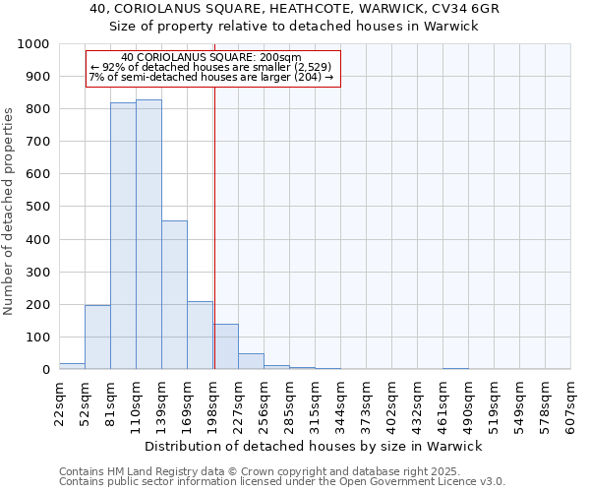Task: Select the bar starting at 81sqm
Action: pos(123,236)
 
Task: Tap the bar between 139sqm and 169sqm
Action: pos(174,295)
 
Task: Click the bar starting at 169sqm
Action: pos(200,336)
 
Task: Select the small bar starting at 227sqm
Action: pos(251,361)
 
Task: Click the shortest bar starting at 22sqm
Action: pos(72,366)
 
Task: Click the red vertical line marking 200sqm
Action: pos(213,246)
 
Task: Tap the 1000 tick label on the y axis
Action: pos(33,44)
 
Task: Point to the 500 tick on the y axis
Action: pos(37,207)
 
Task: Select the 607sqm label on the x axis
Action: pos(571,405)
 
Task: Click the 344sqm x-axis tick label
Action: pos(341,405)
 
